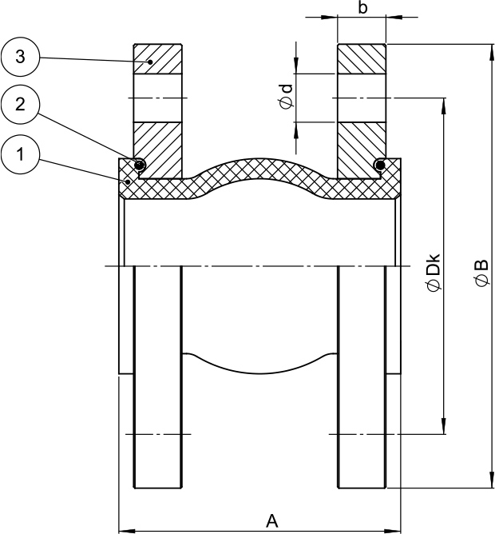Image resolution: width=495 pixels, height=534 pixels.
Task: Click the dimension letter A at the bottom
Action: coord(271,520)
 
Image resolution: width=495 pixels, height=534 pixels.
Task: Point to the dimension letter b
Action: coord(362,8)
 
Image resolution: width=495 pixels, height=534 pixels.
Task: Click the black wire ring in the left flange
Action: coord(140,165)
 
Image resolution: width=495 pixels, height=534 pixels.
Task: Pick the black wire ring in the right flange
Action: coord(380,165)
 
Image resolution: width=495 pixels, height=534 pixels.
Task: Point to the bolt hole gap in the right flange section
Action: coord(362,98)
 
